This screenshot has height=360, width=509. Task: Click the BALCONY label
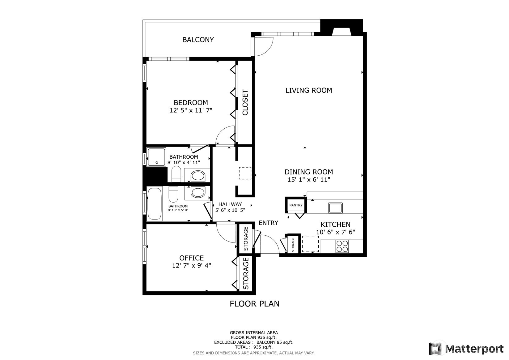(x=198, y=40)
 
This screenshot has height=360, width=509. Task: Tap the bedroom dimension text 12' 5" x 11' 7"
(x=191, y=110)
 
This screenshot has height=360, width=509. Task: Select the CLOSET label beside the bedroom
(x=245, y=102)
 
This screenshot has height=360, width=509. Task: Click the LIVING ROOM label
(x=308, y=90)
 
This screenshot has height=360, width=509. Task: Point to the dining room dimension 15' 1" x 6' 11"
(x=309, y=180)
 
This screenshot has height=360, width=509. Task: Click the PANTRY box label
(x=296, y=205)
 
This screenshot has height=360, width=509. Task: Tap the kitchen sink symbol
(x=335, y=208)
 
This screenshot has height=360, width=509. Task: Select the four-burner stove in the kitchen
(x=342, y=246)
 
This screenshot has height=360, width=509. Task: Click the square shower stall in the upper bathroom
(x=156, y=157)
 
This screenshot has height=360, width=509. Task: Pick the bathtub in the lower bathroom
(x=155, y=204)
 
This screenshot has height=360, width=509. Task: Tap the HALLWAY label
(x=230, y=204)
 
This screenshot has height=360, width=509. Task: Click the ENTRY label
(x=268, y=223)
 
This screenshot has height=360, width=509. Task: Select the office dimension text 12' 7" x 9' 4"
(x=191, y=265)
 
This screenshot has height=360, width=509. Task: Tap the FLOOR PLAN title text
(x=254, y=304)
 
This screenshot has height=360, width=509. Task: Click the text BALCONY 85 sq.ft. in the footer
(x=275, y=342)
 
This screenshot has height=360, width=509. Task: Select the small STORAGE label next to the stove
(x=293, y=244)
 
